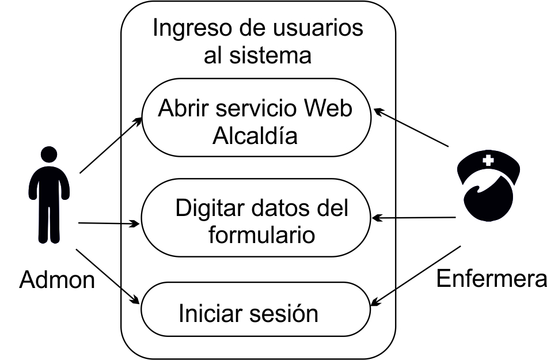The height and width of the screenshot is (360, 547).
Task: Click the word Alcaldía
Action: (255, 136)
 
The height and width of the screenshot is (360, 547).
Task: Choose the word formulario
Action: (261, 234)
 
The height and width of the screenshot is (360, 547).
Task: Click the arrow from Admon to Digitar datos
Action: (109, 223)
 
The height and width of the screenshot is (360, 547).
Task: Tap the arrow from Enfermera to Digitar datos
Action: (415, 218)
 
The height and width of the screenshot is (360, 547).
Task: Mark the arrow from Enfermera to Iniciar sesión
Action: (416, 274)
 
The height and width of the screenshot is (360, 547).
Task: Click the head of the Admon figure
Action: (50, 155)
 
